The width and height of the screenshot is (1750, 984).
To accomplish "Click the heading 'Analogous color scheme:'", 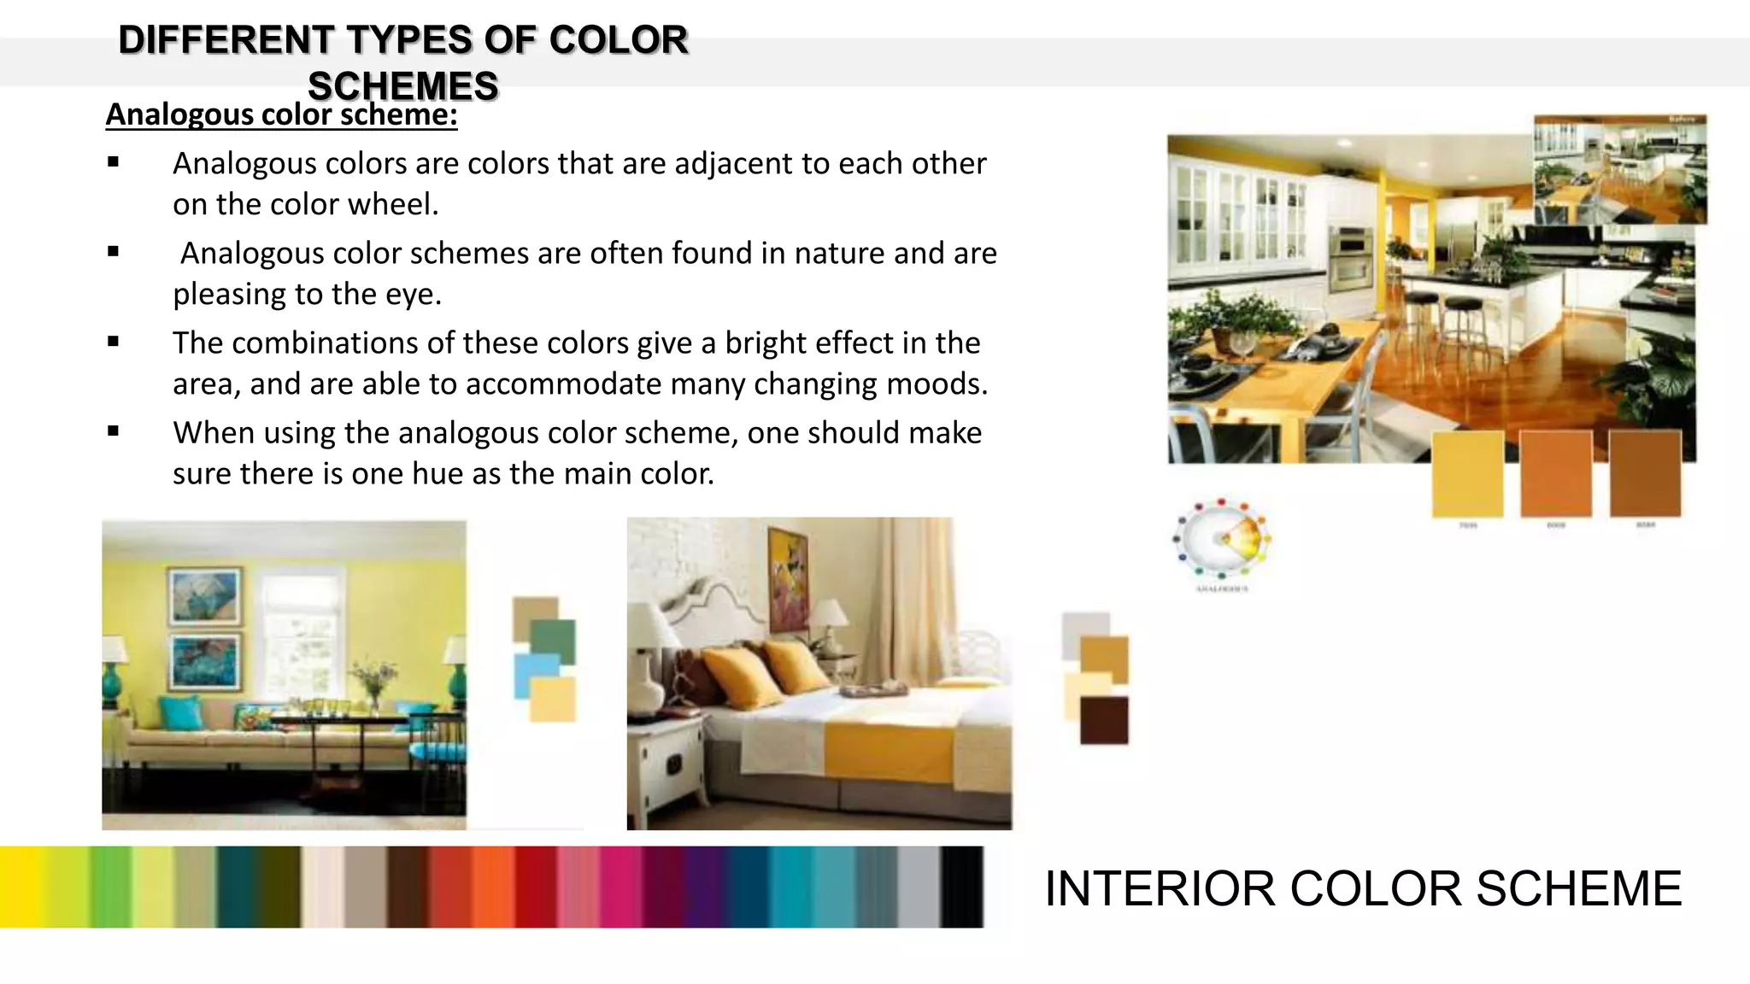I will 281,114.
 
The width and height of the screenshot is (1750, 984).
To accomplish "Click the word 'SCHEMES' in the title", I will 402,86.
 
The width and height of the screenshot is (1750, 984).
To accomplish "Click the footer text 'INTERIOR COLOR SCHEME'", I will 1363,888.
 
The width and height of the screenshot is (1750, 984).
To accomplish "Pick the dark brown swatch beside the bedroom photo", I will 1104,720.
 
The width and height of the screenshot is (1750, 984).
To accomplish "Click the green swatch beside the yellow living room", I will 554,641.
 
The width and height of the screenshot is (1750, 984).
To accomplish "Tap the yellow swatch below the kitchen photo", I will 1467,474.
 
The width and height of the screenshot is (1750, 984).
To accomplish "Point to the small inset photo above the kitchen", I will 1619,169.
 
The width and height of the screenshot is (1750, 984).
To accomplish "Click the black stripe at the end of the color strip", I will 962,887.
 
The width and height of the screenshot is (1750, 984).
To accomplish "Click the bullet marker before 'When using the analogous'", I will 114,431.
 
